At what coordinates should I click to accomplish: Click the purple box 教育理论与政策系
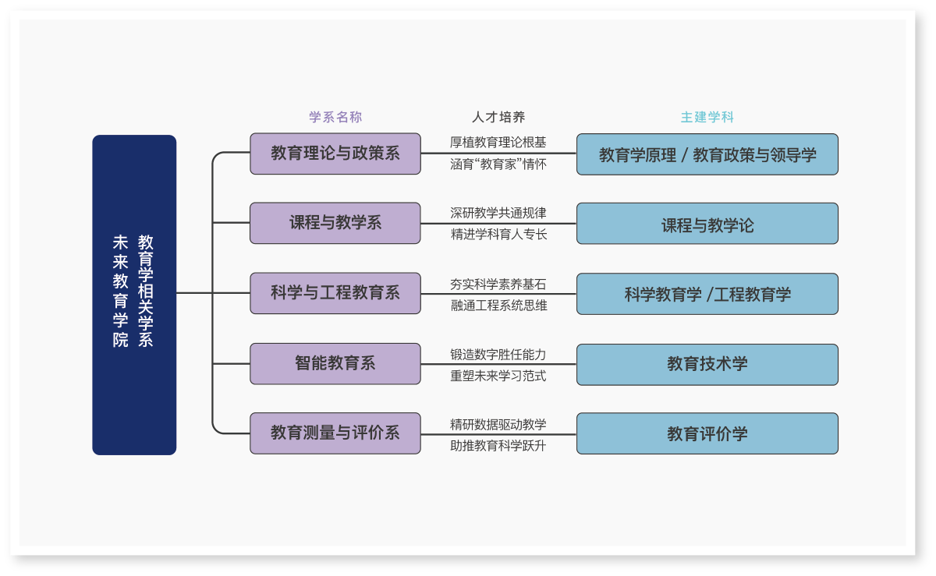coord(335,154)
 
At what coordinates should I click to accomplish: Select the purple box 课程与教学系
coord(335,223)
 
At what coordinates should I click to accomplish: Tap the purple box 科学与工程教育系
coord(335,293)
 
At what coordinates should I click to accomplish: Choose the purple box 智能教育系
coord(335,363)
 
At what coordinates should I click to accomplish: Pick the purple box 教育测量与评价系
coord(335,433)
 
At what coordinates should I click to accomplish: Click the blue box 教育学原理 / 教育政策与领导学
coord(707,154)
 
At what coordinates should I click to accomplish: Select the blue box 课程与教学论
coord(707,224)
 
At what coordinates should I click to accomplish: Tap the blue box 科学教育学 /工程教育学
coord(707,294)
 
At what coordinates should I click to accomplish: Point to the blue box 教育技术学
coord(707,364)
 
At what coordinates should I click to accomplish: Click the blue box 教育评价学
coord(707,433)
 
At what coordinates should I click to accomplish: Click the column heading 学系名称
coord(335,117)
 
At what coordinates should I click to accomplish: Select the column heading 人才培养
coord(498,117)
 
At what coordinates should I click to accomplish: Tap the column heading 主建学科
coord(707,117)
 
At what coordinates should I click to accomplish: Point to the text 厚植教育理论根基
coord(498,143)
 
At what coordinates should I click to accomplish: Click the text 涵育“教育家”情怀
coord(498,164)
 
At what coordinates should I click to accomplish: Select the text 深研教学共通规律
coord(498,213)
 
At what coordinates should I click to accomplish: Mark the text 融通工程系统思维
coord(498,306)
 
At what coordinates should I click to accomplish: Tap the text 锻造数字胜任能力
coord(498,355)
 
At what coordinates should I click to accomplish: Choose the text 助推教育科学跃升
coord(498,446)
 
